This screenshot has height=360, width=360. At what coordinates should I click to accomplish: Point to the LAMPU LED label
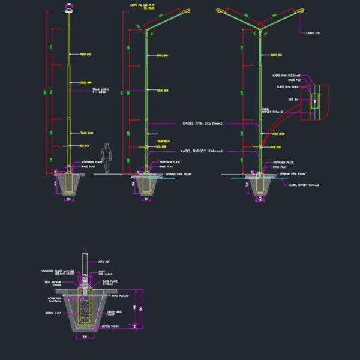(x=312, y=33)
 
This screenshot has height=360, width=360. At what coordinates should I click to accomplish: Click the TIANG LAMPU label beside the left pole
(x=100, y=91)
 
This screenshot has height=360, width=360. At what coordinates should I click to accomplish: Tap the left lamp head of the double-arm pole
(x=221, y=11)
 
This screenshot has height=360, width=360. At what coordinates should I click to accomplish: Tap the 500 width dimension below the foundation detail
(x=85, y=337)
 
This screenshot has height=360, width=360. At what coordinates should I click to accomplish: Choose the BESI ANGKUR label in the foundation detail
(x=53, y=281)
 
